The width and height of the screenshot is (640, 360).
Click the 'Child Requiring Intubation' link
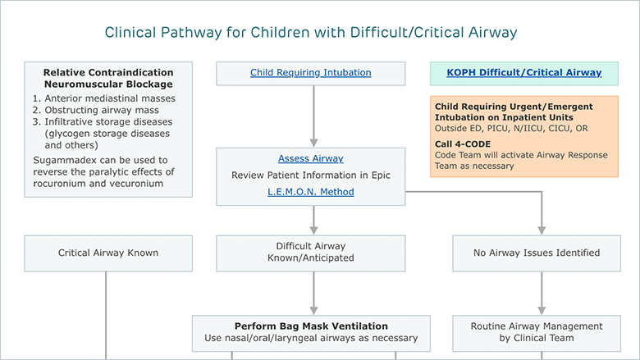click(311, 72)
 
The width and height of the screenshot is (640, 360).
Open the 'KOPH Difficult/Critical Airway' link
click(524, 72)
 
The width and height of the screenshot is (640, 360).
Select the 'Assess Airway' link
click(311, 158)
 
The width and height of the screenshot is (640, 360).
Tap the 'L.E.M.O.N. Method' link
click(311, 192)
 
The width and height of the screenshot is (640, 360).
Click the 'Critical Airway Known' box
click(108, 253)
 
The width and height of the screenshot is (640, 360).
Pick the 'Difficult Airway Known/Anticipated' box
click(311, 253)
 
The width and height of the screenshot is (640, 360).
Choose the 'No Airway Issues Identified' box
click(537, 253)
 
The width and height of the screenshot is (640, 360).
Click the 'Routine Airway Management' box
click(537, 333)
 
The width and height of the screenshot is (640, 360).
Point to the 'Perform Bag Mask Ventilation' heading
click(311, 326)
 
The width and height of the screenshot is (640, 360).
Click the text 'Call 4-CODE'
click(463, 144)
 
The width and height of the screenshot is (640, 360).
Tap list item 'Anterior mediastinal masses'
click(110, 98)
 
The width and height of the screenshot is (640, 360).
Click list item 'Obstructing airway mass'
click(102, 110)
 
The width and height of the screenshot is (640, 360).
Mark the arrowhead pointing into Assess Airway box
click(313, 144)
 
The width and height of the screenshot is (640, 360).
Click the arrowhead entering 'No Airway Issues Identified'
click(542, 230)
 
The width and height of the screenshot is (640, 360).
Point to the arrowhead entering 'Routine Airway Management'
click(542, 311)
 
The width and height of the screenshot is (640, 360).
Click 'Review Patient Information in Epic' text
click(311, 175)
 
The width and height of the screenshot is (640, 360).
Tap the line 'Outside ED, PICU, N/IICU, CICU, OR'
click(511, 129)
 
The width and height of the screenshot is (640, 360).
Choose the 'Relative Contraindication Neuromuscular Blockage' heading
click(108, 78)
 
